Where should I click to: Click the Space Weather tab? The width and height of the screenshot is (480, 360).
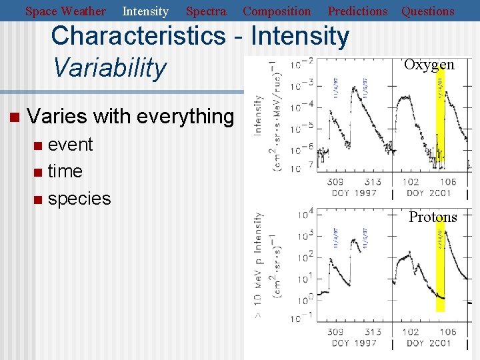[x=65, y=11]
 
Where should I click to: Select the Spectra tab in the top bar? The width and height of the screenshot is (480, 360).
[x=205, y=11]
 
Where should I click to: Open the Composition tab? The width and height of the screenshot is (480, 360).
[x=277, y=11]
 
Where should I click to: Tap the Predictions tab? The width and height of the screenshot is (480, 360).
[x=357, y=11]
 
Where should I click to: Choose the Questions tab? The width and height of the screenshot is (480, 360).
[x=427, y=11]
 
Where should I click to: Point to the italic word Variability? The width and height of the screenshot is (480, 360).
[x=109, y=67]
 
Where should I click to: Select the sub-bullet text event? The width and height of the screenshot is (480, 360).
[x=70, y=145]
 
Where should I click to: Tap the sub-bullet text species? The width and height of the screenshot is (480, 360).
[x=79, y=199]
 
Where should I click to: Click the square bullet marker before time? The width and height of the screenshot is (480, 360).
[x=37, y=173]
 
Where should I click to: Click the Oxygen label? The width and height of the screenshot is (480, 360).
[x=429, y=65]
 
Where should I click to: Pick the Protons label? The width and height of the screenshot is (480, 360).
[x=433, y=217]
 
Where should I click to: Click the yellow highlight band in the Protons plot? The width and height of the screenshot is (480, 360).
[x=440, y=267]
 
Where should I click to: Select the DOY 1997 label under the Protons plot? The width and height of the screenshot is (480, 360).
[x=353, y=343]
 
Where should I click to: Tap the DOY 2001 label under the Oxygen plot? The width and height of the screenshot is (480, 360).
[x=429, y=193]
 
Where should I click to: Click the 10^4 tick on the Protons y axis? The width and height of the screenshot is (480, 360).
[x=297, y=215]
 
